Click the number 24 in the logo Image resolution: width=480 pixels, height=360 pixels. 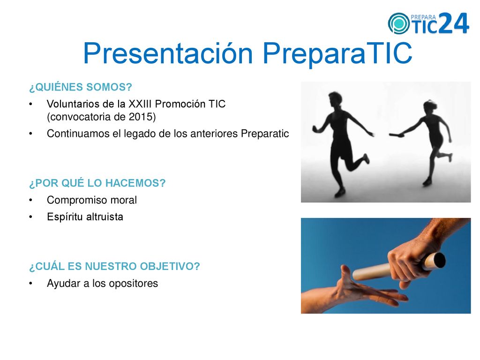pos(454,23)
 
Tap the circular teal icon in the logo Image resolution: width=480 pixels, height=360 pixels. pos(398,23)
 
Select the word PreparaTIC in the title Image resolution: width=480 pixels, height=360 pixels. pos(337,53)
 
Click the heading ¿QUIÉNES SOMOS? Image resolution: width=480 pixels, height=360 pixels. pos(81,87)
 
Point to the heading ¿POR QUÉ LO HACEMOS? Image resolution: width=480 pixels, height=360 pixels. pos(97,183)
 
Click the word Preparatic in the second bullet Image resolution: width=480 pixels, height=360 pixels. pos(265,134)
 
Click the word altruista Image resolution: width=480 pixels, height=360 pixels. pos(105,217)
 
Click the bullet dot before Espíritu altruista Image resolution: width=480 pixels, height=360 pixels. pos(30,217)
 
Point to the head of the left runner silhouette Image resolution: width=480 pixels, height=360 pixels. pos(335,99)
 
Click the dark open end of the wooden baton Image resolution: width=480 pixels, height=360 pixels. pos(440,260)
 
